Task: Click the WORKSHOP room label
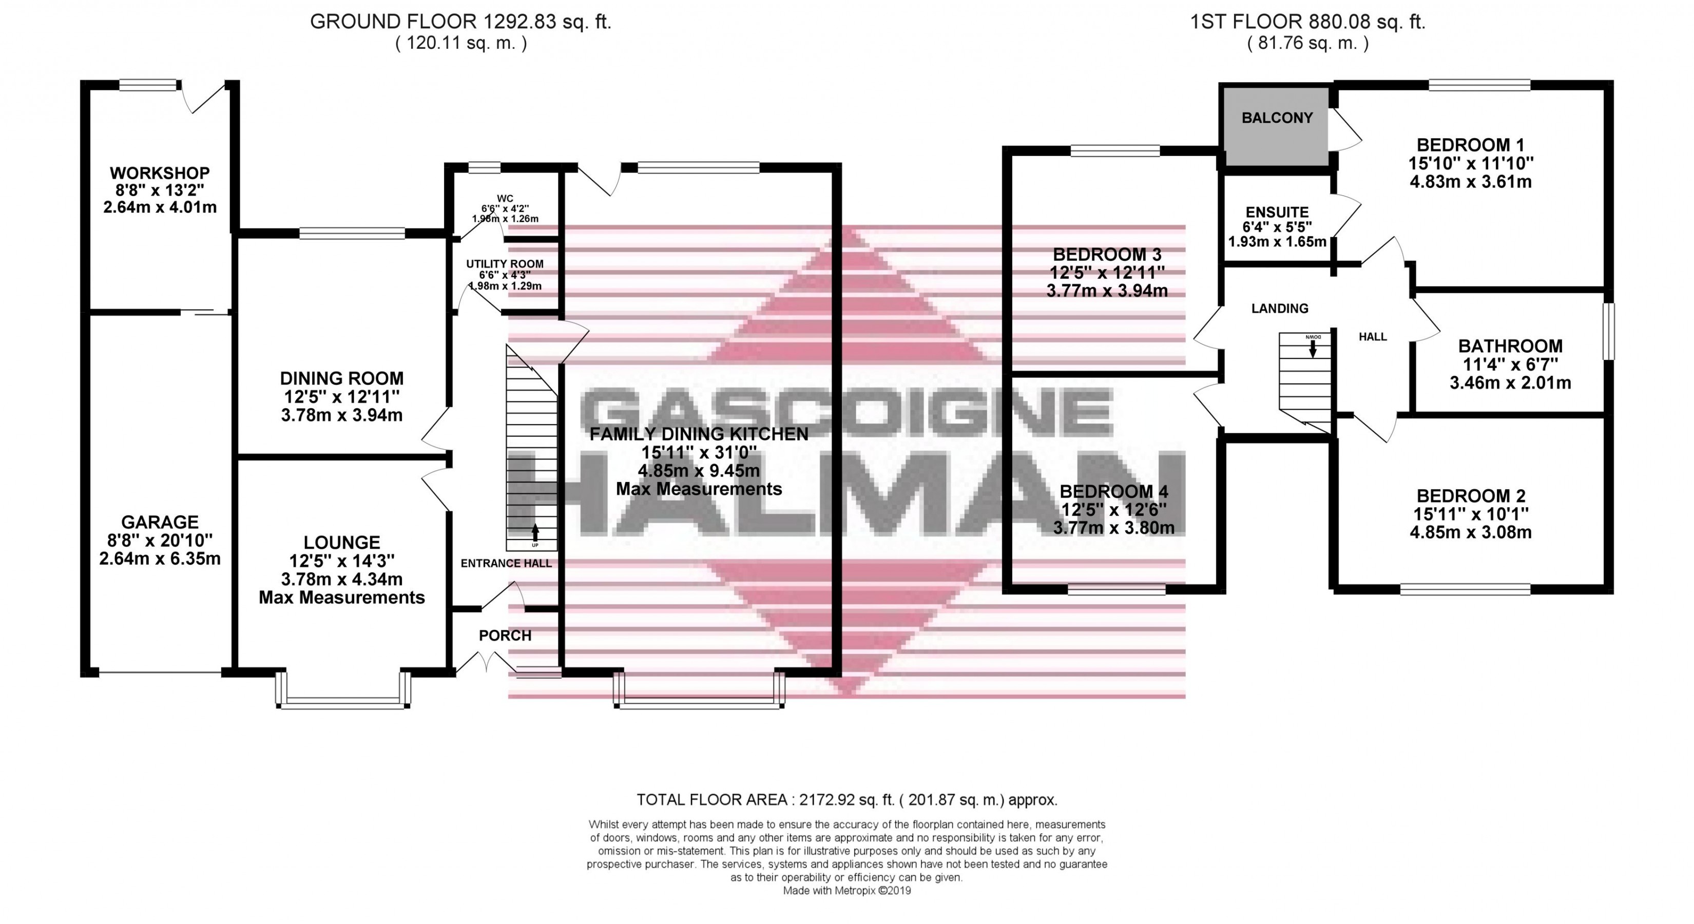[159, 173]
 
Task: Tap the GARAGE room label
[160, 522]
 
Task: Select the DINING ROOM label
[341, 378]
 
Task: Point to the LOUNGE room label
[341, 543]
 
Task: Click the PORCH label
[505, 636]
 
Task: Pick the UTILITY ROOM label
[505, 264]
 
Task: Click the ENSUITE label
[1277, 213]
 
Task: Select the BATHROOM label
[1510, 346]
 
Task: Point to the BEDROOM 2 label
[1470, 496]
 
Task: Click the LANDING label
[1279, 309]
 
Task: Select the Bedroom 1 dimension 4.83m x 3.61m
[1470, 182]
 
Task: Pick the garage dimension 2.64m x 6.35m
[160, 559]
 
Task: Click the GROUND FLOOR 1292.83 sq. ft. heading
[460, 22]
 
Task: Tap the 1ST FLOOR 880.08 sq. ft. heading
[1307, 22]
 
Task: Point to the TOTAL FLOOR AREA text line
[846, 800]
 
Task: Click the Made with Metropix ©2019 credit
[846, 891]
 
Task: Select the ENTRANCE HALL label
[506, 563]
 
